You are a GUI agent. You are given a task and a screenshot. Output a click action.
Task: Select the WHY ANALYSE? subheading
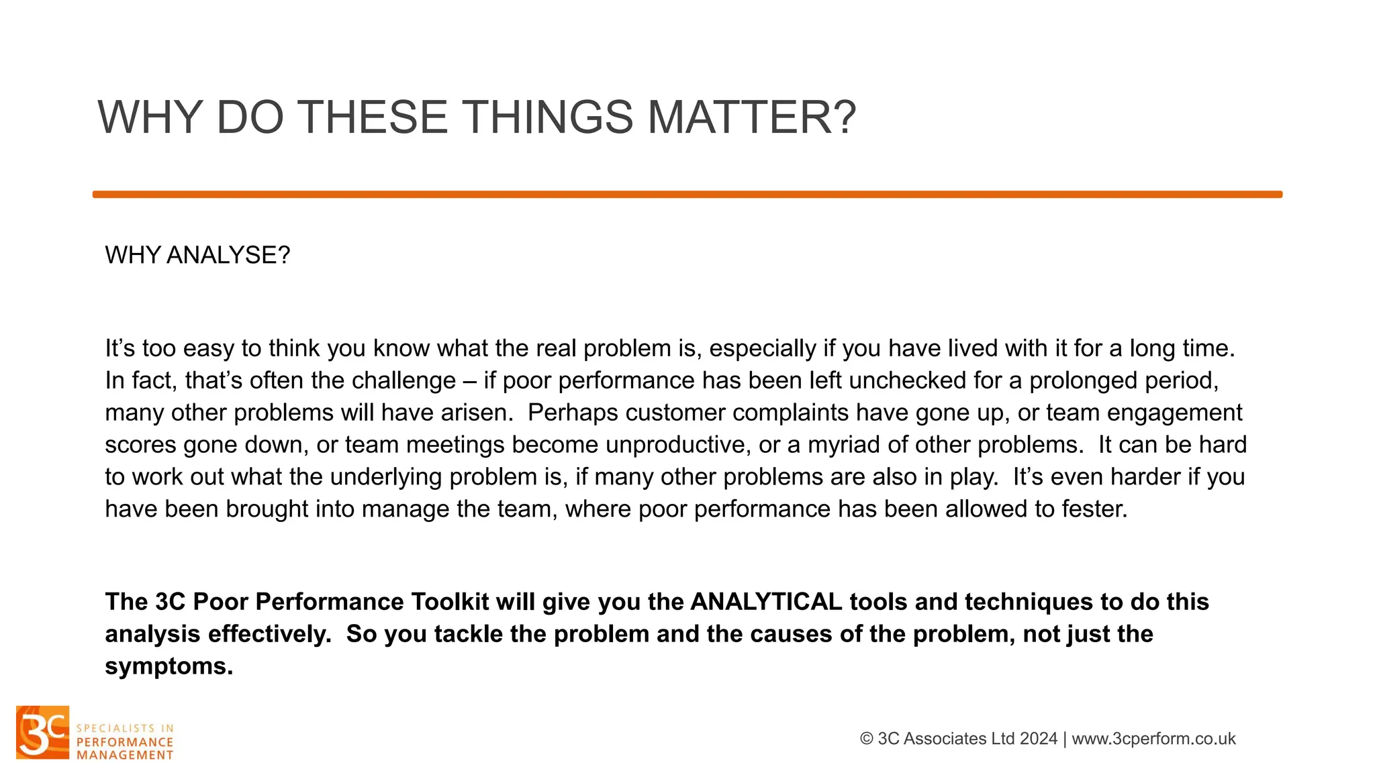[197, 256]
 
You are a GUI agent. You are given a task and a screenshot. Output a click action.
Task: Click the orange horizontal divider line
[687, 195]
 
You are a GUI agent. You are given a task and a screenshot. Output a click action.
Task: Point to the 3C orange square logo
[42, 732]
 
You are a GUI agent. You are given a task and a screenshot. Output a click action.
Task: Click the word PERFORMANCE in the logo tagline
[125, 742]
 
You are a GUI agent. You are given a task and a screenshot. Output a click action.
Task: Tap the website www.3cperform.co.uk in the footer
[1153, 739]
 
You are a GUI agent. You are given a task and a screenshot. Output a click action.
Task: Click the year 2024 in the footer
[1038, 739]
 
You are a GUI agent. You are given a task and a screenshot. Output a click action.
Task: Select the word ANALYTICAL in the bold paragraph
[765, 602]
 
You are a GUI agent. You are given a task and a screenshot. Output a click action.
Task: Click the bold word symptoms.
[168, 666]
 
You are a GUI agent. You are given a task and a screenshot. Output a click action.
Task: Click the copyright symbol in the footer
[866, 739]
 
